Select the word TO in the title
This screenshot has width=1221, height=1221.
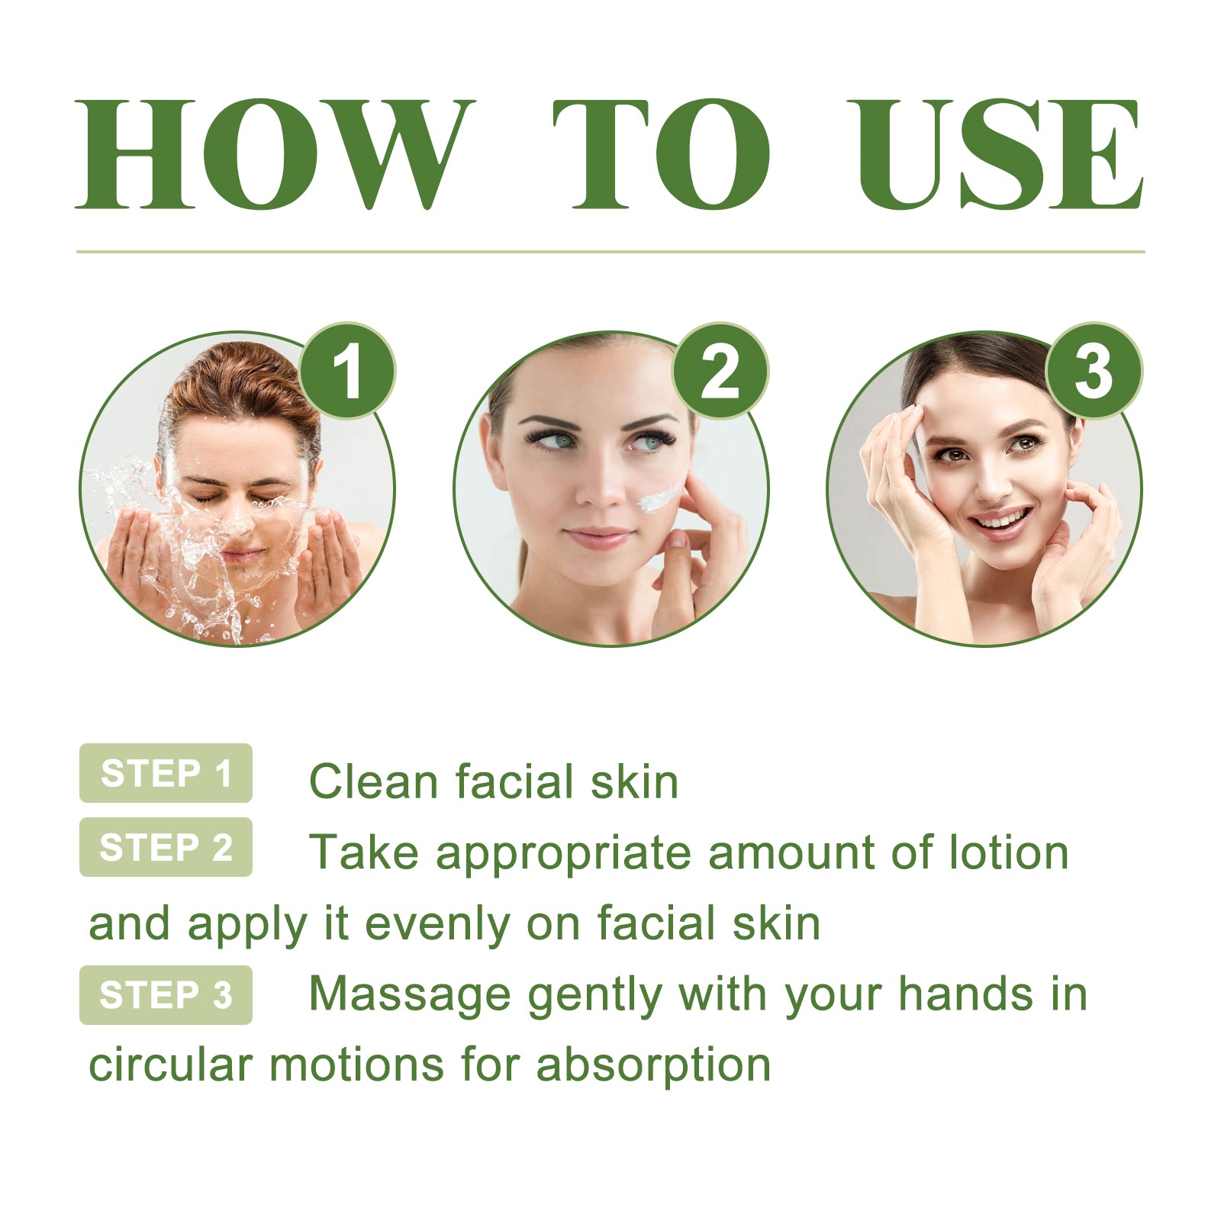coord(661,154)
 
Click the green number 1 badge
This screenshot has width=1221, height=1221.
coord(347,371)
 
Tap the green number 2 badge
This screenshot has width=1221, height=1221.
coord(720,371)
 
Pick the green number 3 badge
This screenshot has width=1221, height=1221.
coord(1093,371)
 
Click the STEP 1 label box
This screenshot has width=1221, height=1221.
coord(166,773)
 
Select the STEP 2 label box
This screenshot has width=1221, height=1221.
coord(166,847)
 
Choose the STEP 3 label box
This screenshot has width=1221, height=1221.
coord(166,994)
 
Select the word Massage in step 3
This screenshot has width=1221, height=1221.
coord(409,995)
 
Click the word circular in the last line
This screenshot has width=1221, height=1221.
coord(170,1065)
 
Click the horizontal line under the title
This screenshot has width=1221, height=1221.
coord(610,251)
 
